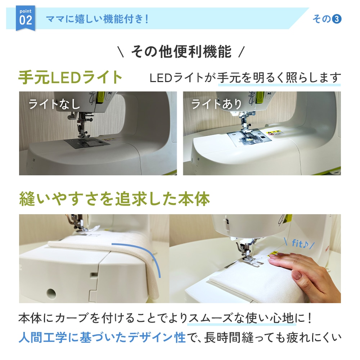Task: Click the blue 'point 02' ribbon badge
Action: [26, 18]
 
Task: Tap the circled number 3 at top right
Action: [337, 19]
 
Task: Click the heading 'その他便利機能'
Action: [181, 51]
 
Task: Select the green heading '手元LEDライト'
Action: [70, 77]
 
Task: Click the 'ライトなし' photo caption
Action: [54, 104]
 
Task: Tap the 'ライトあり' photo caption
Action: [216, 104]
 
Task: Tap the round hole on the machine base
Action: [51, 293]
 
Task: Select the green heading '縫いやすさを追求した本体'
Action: [114, 199]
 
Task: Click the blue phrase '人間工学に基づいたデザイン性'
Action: [102, 338]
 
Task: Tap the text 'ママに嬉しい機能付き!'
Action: [97, 19]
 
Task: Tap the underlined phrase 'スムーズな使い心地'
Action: [241, 318]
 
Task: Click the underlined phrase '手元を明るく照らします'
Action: [279, 78]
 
